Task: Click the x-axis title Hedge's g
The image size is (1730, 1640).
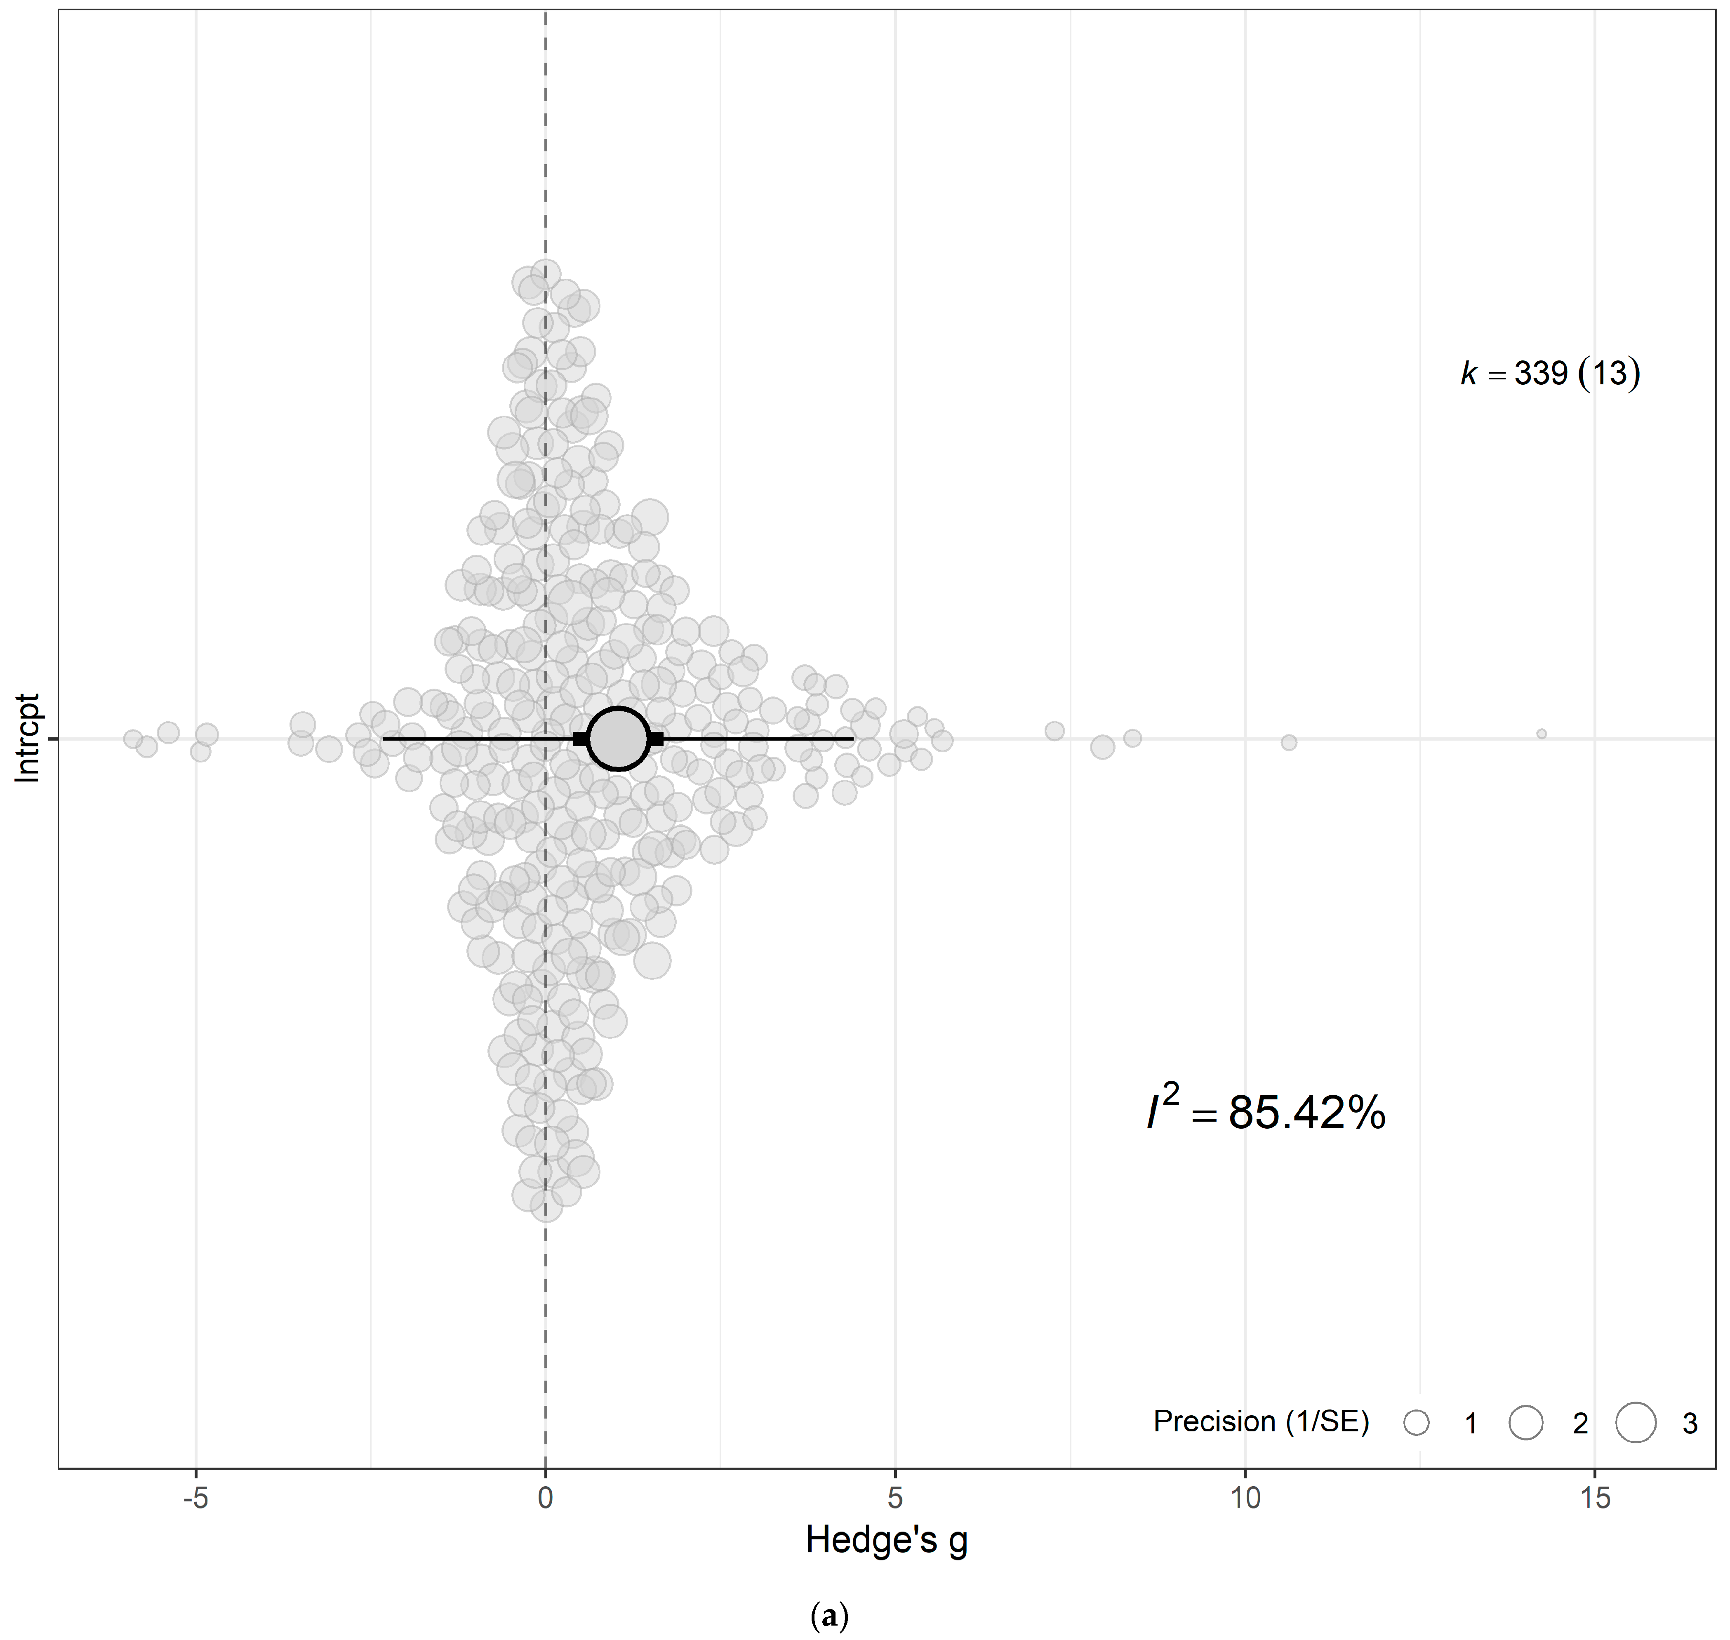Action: point(886,1540)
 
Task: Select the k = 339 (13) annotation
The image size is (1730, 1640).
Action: point(1550,373)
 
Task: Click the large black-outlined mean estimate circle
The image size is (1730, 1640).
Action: point(618,739)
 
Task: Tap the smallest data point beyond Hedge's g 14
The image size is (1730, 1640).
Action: point(1541,734)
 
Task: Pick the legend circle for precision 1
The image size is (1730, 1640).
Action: point(1416,1422)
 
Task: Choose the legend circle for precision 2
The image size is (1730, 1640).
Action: point(1525,1422)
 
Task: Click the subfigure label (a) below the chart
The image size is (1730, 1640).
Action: point(829,1616)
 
